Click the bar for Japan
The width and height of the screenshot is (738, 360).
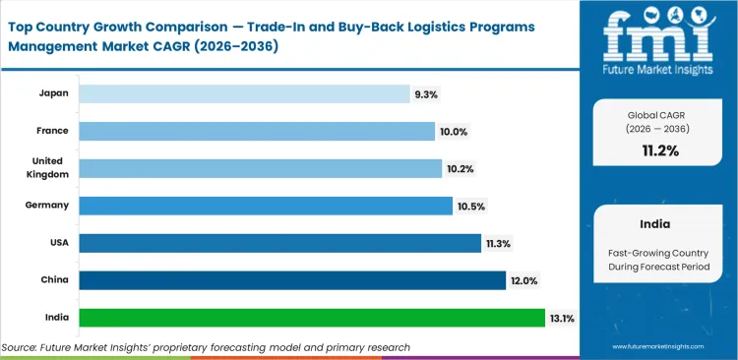244,93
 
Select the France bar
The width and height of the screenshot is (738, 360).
257,131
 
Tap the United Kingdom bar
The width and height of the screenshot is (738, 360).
261,168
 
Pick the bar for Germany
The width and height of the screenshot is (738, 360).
267,206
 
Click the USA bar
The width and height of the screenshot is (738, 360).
281,243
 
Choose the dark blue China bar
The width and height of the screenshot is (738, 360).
292,280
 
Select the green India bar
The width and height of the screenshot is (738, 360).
312,318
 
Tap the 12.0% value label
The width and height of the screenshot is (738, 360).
523,280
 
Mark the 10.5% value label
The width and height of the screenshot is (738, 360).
471,206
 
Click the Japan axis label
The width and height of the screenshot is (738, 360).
54,93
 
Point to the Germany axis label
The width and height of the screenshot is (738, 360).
47,206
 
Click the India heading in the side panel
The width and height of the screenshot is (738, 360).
655,223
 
